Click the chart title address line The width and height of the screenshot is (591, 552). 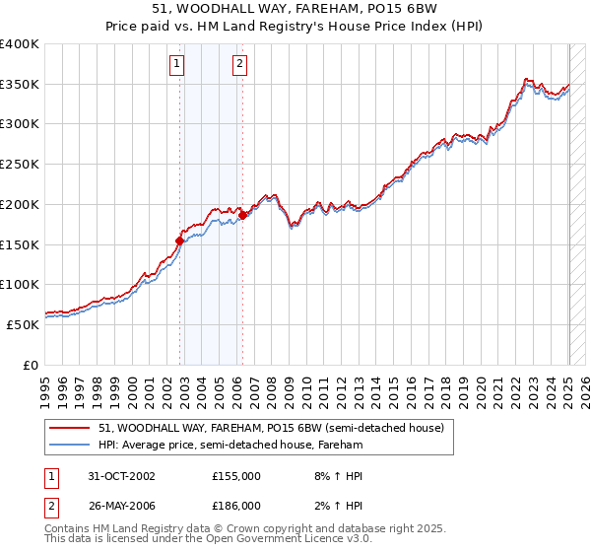(295, 9)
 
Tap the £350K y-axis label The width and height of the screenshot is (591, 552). (20, 85)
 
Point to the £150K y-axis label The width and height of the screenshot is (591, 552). (20, 244)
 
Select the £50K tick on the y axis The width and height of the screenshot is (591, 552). (23, 324)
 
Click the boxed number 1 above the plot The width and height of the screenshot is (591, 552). (177, 65)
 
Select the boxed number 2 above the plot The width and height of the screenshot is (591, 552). (239, 65)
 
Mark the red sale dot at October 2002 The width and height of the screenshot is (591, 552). (180, 240)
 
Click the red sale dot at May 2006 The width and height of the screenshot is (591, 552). (242, 215)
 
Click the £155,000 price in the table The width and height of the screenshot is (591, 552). (236, 476)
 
